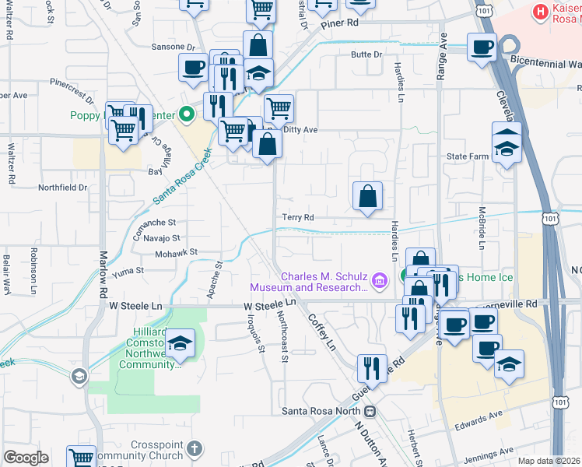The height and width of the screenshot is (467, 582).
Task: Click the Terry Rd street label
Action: (x=297, y=218)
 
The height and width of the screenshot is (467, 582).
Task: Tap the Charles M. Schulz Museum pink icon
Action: (x=380, y=279)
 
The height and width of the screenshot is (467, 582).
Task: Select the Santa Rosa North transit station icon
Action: (x=370, y=410)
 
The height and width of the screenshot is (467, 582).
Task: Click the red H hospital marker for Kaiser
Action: (x=538, y=11)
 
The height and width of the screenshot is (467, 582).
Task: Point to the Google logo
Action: (x=26, y=458)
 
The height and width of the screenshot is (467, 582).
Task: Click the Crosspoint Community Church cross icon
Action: (x=194, y=449)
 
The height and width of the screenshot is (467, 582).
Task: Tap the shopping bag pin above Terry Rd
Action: (x=368, y=197)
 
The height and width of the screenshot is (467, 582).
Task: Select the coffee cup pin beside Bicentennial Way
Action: (x=482, y=47)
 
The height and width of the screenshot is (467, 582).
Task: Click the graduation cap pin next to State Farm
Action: (x=507, y=144)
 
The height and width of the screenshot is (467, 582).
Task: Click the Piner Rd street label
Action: (x=342, y=23)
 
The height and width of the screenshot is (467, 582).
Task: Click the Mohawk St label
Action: (x=177, y=252)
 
